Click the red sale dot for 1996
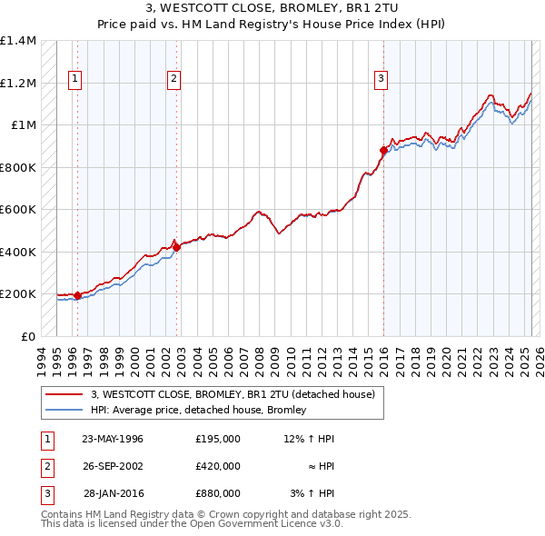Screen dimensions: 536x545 point(78,295)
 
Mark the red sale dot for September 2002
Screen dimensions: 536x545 point(176,248)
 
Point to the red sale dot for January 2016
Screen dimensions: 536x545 point(383,151)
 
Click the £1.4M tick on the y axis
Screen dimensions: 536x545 point(19,41)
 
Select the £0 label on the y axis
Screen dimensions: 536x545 point(28,336)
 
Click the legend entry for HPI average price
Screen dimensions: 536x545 point(198,410)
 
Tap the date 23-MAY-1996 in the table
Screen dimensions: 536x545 point(113,439)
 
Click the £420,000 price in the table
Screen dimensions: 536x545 point(218,466)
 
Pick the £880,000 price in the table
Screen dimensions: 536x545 point(218,493)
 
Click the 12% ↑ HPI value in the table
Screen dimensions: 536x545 point(309,439)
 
